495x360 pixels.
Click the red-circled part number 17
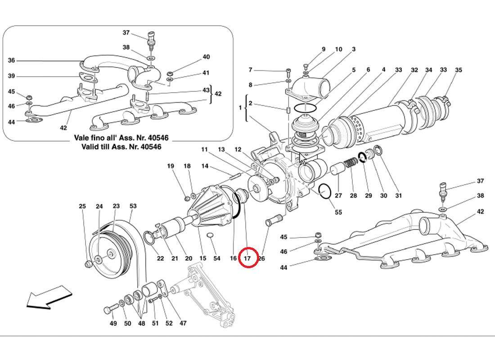pyautogui.click(x=247, y=258)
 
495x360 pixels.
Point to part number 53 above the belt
pyautogui.click(x=133, y=207)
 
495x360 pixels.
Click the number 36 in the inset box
pyautogui.click(x=12, y=60)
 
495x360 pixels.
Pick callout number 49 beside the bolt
pyautogui.click(x=113, y=323)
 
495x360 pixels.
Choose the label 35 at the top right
pyautogui.click(x=459, y=70)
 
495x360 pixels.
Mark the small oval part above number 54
pyautogui.click(x=210, y=235)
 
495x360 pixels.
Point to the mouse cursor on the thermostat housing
pyautogui.click(x=303, y=159)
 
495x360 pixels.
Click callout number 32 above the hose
pyautogui.click(x=414, y=70)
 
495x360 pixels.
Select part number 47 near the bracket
pyautogui.click(x=183, y=323)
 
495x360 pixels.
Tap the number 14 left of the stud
pyautogui.click(x=205, y=166)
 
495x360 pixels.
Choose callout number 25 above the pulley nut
pyautogui.click(x=82, y=207)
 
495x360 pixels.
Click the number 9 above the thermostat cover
pyautogui.click(x=323, y=49)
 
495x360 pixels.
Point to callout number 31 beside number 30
pyautogui.click(x=398, y=196)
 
